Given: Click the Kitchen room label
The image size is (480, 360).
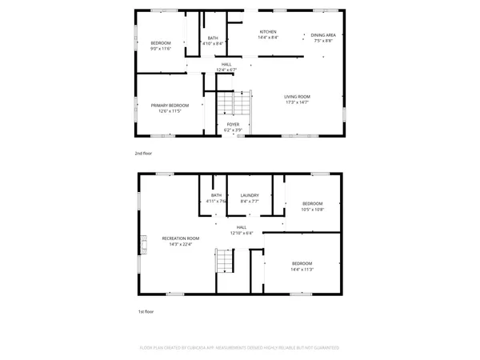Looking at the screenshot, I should [x=267, y=32].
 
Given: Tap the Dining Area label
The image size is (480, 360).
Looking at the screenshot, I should [x=323, y=35].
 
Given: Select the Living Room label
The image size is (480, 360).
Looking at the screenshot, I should [x=297, y=97].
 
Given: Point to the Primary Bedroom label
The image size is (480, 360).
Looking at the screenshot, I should [x=170, y=106].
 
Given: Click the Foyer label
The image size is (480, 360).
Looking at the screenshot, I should [x=233, y=125].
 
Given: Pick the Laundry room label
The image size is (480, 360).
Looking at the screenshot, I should [x=249, y=196].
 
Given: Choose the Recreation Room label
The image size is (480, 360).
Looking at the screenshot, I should [x=180, y=238].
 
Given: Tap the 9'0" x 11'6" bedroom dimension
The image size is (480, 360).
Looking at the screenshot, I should [x=162, y=48].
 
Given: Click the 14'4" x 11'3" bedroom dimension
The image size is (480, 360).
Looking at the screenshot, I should [x=302, y=270].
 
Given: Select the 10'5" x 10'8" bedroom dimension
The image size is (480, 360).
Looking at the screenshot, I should [x=312, y=210].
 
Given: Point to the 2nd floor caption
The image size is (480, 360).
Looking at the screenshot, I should [x=143, y=153].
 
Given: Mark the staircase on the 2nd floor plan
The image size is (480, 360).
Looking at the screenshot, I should [x=237, y=105].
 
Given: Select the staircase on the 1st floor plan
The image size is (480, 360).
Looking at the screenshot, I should [x=226, y=261].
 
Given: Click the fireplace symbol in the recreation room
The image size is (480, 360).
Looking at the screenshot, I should [x=145, y=242].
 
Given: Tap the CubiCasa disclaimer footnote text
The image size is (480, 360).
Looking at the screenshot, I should [x=240, y=348].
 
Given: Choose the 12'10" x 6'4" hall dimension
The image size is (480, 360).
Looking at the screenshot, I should [x=241, y=234].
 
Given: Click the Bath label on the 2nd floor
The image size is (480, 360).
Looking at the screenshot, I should [x=213, y=38].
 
